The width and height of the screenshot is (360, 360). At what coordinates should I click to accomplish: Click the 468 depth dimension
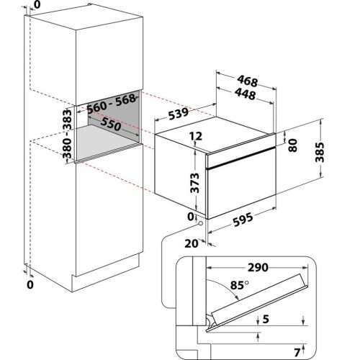[248, 81]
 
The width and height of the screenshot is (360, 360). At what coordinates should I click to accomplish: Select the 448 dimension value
[246, 94]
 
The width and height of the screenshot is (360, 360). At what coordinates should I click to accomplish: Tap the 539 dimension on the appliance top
[179, 114]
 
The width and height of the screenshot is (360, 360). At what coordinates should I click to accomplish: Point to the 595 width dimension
[243, 220]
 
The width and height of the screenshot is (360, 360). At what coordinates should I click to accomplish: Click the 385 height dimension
[320, 152]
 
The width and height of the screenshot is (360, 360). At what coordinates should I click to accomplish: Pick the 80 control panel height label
[293, 145]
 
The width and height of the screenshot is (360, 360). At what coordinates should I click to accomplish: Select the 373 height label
[194, 183]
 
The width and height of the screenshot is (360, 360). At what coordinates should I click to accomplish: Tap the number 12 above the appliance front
[196, 136]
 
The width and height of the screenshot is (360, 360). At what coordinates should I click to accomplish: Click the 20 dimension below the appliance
[192, 243]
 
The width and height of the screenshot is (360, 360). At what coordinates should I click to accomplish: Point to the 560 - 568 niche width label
[111, 104]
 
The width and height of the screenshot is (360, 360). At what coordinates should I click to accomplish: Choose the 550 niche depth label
[111, 124]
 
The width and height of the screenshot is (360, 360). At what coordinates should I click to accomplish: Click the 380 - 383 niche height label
[67, 134]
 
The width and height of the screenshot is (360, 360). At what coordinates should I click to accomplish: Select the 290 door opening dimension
[258, 267]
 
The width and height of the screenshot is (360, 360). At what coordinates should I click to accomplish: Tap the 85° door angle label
[239, 285]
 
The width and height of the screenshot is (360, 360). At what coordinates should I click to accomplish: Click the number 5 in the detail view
[266, 319]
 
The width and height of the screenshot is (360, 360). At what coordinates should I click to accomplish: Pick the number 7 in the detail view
[297, 353]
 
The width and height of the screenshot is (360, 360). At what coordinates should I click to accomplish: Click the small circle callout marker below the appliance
[200, 223]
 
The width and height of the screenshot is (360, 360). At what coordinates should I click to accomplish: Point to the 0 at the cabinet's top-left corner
[37, 4]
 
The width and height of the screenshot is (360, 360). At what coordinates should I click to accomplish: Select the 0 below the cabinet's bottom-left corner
[30, 285]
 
